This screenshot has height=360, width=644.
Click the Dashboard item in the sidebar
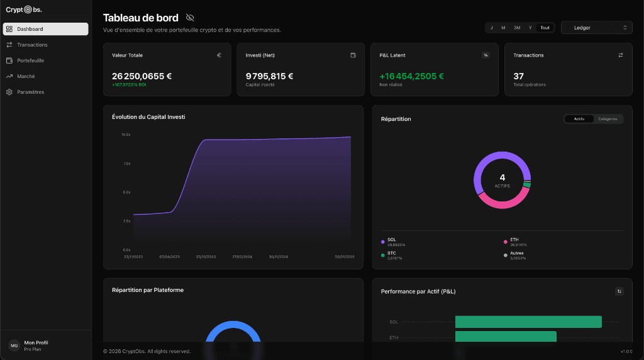tap(45, 29)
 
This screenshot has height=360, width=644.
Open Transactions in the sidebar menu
tap(32, 45)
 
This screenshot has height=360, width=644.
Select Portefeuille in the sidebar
tap(30, 60)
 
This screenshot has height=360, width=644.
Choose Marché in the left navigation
tap(26, 76)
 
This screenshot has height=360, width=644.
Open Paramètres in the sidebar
tap(30, 92)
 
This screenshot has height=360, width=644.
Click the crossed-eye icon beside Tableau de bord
tap(190, 18)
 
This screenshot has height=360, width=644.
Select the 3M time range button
tap(516, 28)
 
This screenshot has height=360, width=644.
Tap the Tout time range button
tap(545, 28)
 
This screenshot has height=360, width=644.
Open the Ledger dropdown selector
tap(596, 28)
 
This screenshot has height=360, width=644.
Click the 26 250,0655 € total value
tap(142, 76)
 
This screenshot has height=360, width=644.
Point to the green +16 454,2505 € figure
tap(411, 76)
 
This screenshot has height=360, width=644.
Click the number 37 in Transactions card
tap(518, 76)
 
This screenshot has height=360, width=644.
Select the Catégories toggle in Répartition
tap(608, 119)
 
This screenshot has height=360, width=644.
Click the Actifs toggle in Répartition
tap(579, 119)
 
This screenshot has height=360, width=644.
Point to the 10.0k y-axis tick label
tap(126, 135)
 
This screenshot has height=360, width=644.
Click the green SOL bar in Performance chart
tap(528, 322)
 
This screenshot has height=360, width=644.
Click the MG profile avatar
tap(14, 346)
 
